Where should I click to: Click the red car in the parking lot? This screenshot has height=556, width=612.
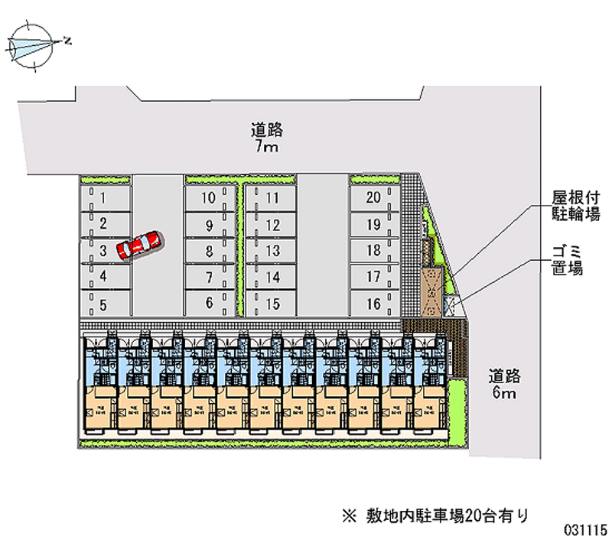[138, 244]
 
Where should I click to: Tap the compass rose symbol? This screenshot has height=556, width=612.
[35, 46]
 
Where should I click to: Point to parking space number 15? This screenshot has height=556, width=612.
[272, 304]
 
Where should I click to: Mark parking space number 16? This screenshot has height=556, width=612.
[373, 304]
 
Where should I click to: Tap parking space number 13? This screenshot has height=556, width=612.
[272, 251]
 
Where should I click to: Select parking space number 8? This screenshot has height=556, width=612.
[208, 251]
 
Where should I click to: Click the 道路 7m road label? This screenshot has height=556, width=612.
[265, 138]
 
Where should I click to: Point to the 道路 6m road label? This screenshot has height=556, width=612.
[505, 384]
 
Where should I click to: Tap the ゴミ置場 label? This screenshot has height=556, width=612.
[568, 260]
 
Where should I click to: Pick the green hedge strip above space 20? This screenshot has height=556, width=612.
[374, 180]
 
